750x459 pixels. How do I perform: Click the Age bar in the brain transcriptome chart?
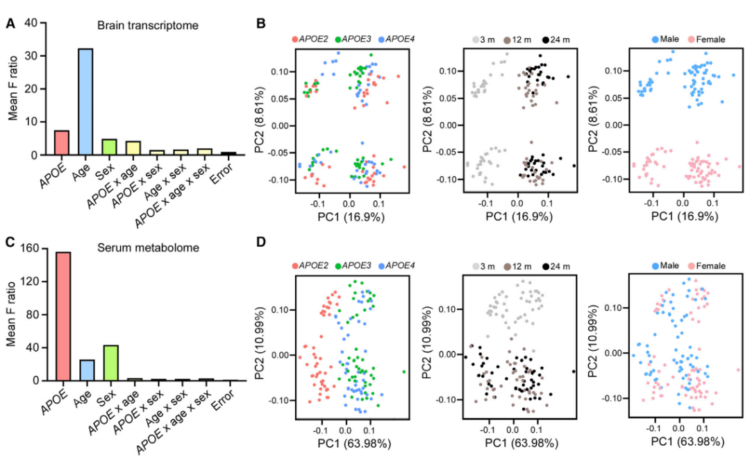(85, 101)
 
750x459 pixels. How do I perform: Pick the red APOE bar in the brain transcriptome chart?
(61, 143)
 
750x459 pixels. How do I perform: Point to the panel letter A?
(10, 25)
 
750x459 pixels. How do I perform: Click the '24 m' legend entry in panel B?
(558, 40)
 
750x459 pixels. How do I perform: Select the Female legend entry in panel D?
(707, 266)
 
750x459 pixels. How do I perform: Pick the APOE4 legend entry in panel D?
(401, 266)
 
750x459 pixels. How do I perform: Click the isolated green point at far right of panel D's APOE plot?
(403, 372)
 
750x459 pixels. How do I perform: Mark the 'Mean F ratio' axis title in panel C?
(12, 314)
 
